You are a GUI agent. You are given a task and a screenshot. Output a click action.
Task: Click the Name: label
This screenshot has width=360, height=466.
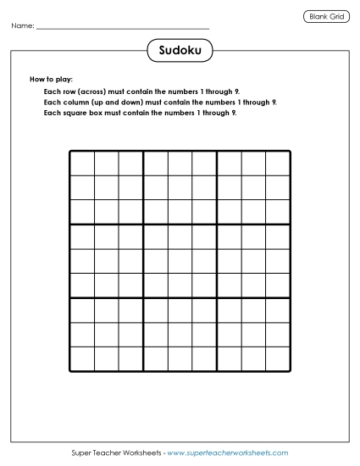point(23,27)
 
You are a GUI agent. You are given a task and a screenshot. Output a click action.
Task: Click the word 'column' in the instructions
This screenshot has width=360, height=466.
point(72,101)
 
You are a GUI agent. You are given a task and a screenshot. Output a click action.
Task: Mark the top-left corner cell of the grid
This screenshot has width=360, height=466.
point(82,164)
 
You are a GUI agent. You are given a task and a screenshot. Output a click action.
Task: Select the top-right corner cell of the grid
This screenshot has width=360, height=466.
point(279,164)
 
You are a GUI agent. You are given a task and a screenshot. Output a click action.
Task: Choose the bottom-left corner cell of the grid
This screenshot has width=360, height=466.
point(82,359)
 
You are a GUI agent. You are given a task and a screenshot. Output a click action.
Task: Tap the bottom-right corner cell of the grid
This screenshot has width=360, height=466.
point(279,359)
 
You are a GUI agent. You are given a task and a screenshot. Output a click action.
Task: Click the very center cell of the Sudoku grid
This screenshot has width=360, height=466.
point(180,261)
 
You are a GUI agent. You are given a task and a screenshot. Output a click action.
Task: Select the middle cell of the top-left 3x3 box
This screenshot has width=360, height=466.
point(107,188)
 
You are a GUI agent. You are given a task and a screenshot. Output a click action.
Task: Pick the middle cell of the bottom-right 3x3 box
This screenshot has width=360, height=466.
point(254,335)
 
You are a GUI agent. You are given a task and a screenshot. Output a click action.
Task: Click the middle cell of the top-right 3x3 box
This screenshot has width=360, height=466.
point(254,188)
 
